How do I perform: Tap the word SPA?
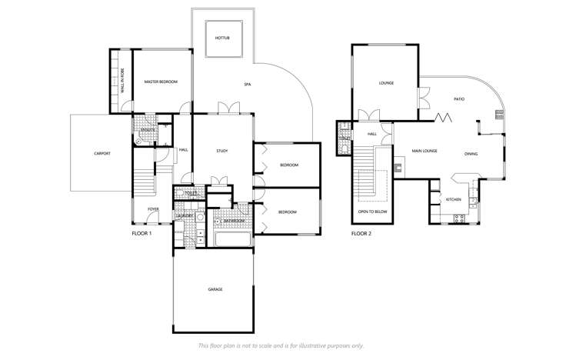point(248,84)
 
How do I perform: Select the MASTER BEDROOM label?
point(161,82)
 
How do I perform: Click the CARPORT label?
point(102,153)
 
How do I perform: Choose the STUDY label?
point(221,152)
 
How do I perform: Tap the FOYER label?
point(153,209)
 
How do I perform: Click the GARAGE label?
point(215,289)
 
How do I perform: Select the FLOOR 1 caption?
point(142,232)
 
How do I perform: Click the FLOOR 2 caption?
point(361,232)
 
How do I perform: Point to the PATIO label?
point(458,98)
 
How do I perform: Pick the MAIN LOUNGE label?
point(424,151)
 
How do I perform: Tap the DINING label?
point(471,154)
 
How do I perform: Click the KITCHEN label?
point(454,199)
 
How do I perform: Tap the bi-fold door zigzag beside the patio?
point(442,118)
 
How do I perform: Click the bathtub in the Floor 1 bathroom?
point(232,239)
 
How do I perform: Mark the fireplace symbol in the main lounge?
point(398,167)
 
